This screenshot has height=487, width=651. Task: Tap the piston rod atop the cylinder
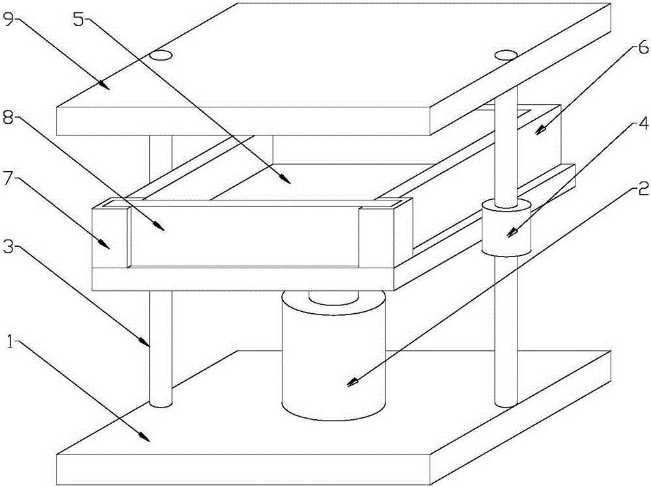[333, 296]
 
